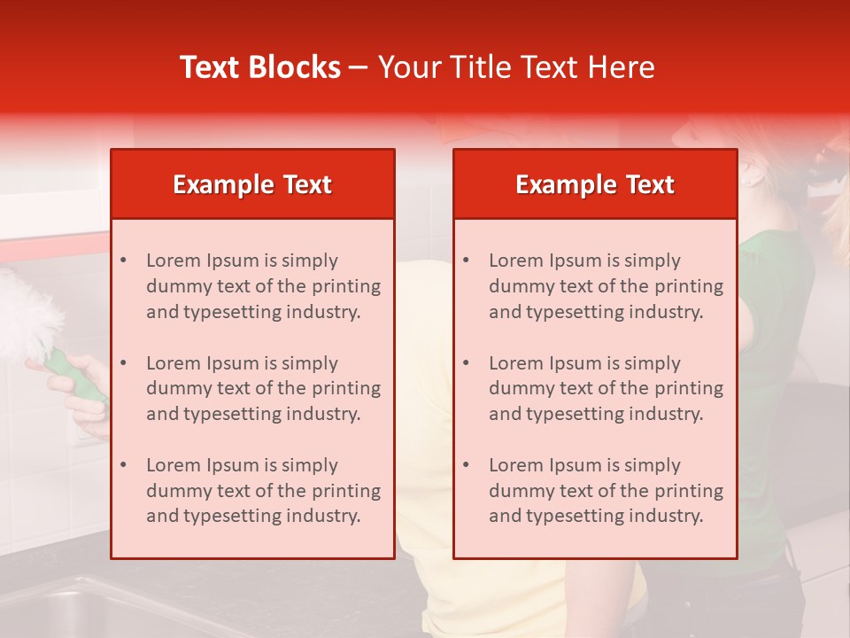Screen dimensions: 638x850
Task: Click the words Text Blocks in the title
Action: [x=260, y=67]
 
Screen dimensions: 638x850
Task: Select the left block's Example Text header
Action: [x=252, y=184]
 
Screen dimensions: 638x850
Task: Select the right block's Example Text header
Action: [x=595, y=184]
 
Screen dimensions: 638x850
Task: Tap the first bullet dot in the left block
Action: [x=123, y=261]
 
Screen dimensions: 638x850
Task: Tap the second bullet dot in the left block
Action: [x=123, y=363]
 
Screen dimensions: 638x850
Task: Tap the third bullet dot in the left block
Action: [x=123, y=465]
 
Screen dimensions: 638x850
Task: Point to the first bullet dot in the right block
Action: [x=466, y=261]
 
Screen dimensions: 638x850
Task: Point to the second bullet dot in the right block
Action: [x=466, y=363]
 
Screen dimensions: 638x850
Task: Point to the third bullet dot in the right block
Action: [x=466, y=465]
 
